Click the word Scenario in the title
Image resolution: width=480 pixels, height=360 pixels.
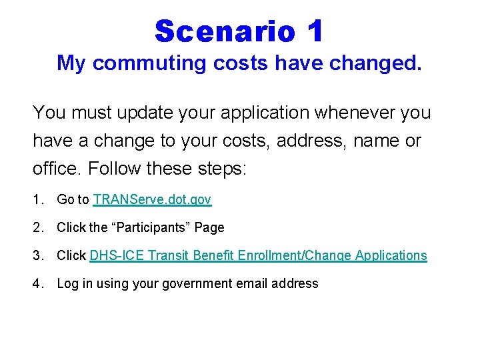(x=225, y=31)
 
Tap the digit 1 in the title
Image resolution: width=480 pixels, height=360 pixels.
(x=315, y=31)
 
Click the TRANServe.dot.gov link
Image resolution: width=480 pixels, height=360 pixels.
(x=153, y=199)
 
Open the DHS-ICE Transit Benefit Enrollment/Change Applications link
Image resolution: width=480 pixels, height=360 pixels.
(x=258, y=255)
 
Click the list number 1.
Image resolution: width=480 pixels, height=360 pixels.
(x=37, y=199)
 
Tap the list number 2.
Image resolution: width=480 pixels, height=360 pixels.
(x=37, y=227)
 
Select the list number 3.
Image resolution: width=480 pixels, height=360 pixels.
(x=37, y=255)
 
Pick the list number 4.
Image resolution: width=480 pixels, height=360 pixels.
(x=37, y=283)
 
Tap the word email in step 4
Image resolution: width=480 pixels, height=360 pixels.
(x=259, y=283)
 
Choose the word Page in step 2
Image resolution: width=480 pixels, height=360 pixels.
(x=210, y=227)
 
